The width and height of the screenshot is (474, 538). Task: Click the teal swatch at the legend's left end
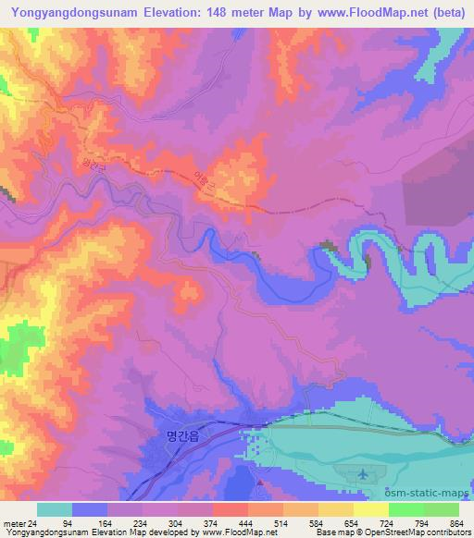(54, 509)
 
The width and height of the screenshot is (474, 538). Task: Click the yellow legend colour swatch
(370, 509)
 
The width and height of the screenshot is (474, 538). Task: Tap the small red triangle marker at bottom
(261, 483)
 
